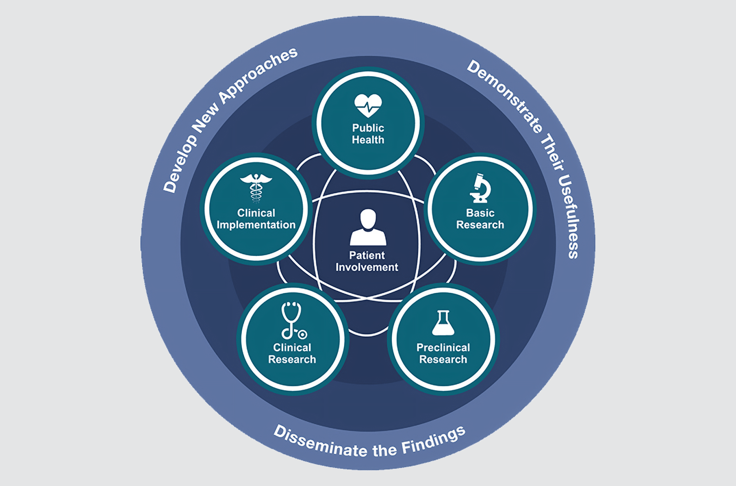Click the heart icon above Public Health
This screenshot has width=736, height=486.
(368, 106)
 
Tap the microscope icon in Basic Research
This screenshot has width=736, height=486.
(480, 188)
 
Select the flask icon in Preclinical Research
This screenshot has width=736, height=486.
(443, 323)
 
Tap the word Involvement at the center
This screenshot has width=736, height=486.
(367, 267)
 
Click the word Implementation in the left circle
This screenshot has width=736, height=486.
(256, 225)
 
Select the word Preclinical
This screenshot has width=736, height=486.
(443, 347)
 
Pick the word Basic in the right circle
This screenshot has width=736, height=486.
(480, 213)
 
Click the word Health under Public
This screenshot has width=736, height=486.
(368, 140)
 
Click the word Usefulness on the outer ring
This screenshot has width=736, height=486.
(571, 217)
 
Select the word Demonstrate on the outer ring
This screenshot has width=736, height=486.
(505, 96)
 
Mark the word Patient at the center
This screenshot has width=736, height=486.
(367, 255)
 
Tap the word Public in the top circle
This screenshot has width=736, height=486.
(368, 128)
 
